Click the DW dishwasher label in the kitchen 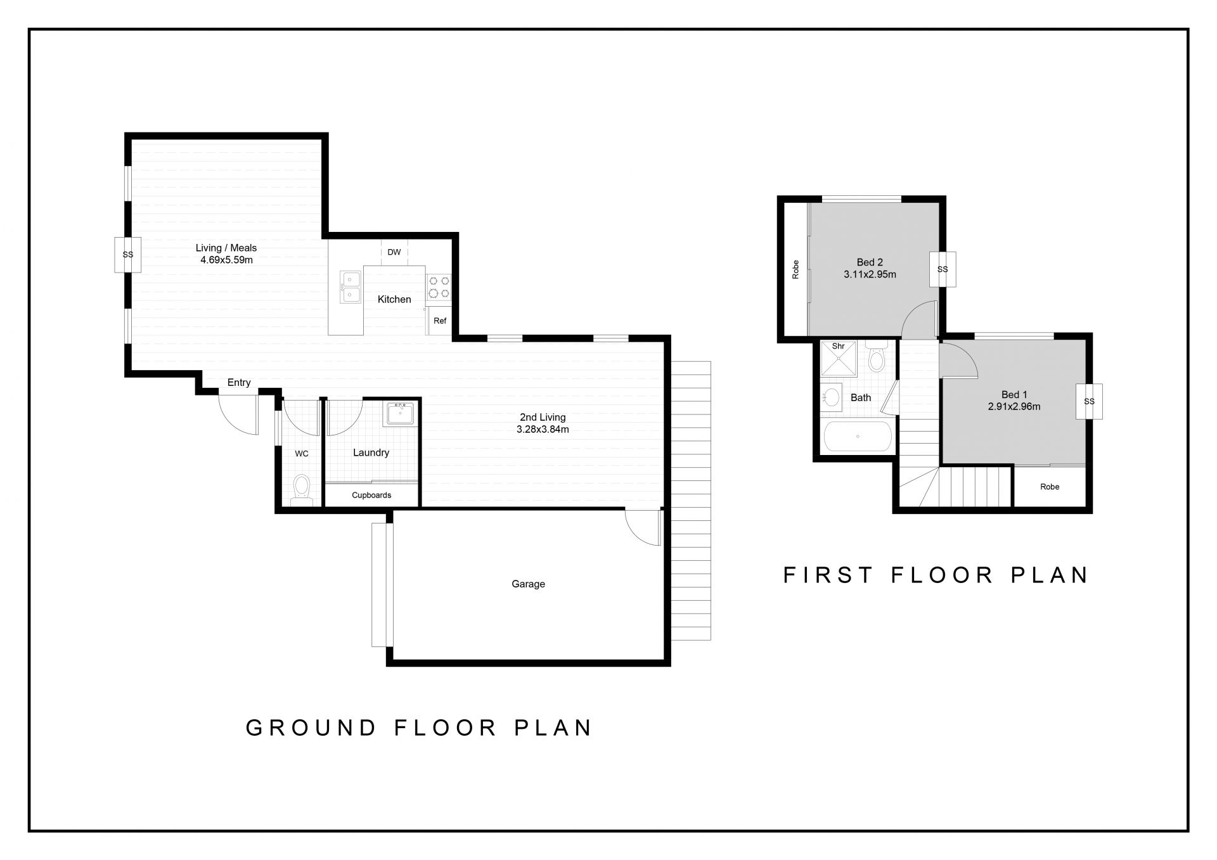(394, 252)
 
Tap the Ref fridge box (440, 321)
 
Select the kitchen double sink (350, 286)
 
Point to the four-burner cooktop (438, 286)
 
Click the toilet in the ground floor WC (302, 490)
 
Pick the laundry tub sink (400, 414)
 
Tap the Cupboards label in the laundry (371, 495)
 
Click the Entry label (239, 382)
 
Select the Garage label (528, 584)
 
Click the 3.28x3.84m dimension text (543, 429)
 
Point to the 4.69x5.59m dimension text (226, 259)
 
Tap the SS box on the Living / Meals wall (127, 255)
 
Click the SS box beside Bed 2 (943, 269)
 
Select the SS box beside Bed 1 (1089, 401)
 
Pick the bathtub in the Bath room (858, 436)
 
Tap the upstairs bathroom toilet (877, 357)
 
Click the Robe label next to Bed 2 (795, 270)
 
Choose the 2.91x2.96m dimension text (1014, 407)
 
